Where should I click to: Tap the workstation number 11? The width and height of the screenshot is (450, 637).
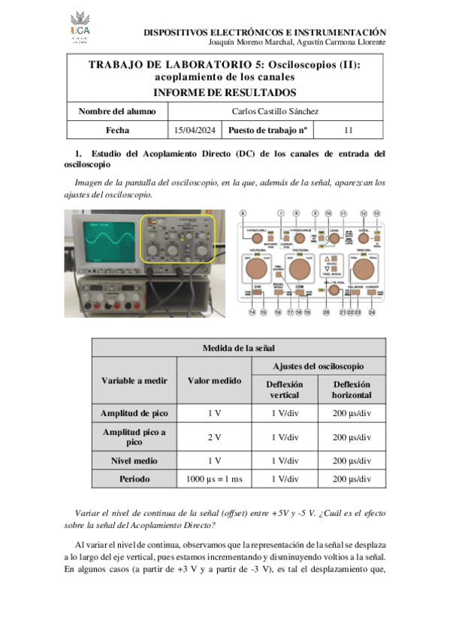(348, 130)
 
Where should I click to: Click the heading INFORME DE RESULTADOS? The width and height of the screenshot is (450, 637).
(224, 92)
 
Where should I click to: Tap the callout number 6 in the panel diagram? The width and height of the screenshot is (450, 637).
(243, 213)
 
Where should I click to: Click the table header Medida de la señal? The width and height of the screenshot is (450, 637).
(238, 347)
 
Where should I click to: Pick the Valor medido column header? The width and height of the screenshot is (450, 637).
(214, 381)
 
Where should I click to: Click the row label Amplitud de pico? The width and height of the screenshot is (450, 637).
(134, 413)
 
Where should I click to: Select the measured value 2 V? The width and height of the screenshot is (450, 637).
(214, 436)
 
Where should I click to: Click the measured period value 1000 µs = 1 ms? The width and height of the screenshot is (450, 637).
(214, 478)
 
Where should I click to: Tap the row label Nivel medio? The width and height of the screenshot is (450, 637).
(134, 459)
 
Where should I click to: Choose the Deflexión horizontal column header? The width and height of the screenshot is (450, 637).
(352, 388)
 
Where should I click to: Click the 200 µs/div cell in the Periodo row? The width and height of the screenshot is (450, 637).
(352, 478)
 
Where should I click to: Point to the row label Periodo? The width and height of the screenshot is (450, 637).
(134, 478)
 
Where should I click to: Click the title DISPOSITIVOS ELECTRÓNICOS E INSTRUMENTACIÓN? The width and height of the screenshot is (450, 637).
(264, 32)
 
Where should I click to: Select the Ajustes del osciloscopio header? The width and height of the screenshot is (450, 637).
(318, 366)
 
